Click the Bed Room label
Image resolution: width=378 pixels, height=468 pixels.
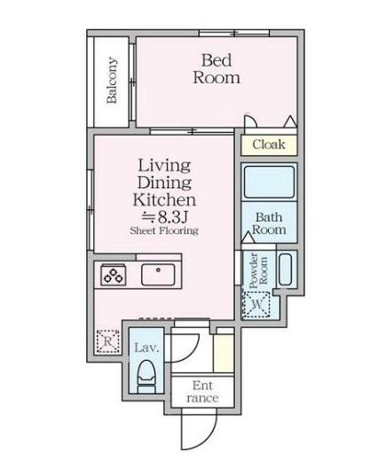click(216, 69)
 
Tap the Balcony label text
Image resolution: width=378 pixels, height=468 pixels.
click(112, 81)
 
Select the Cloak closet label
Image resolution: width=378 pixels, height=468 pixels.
click(268, 144)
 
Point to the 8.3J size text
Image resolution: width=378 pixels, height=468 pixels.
click(164, 215)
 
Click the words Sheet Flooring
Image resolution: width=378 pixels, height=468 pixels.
click(164, 230)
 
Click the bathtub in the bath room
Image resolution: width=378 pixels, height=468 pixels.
click(270, 183)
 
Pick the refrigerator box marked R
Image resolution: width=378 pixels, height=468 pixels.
click(106, 340)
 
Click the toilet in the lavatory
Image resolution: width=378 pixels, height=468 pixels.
click(147, 377)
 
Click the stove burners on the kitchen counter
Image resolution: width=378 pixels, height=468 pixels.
click(114, 275)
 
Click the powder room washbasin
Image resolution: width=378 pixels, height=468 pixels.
click(285, 269)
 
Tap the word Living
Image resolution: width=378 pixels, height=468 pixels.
click(164, 166)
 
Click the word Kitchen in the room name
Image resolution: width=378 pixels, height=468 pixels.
click(164, 199)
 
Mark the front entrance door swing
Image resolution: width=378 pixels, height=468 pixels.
click(194, 431)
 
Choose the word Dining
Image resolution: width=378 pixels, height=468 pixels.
click(164, 183)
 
